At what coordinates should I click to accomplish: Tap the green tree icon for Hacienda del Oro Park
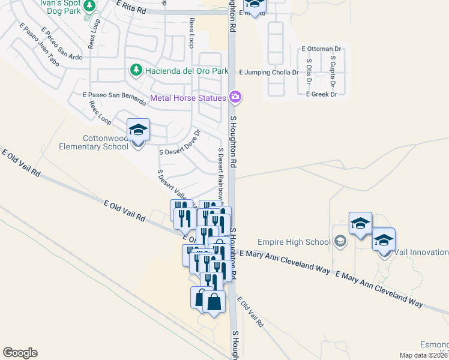(x=136, y=71)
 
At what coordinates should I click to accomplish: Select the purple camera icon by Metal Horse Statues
(x=235, y=97)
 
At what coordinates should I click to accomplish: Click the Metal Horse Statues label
(x=188, y=98)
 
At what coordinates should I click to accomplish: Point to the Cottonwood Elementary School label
(x=94, y=142)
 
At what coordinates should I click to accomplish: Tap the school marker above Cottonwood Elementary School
(x=138, y=130)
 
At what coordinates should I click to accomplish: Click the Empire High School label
(x=294, y=242)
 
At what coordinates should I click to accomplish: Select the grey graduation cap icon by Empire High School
(x=341, y=241)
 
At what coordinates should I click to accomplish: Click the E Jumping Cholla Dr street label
(x=268, y=72)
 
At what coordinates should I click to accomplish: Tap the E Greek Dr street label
(x=321, y=94)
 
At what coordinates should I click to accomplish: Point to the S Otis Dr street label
(x=309, y=71)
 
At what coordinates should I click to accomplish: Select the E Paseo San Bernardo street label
(x=114, y=96)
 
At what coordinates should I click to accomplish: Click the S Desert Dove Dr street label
(x=179, y=143)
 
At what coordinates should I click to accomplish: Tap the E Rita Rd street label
(x=131, y=7)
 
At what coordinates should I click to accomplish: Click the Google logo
(x=20, y=353)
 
